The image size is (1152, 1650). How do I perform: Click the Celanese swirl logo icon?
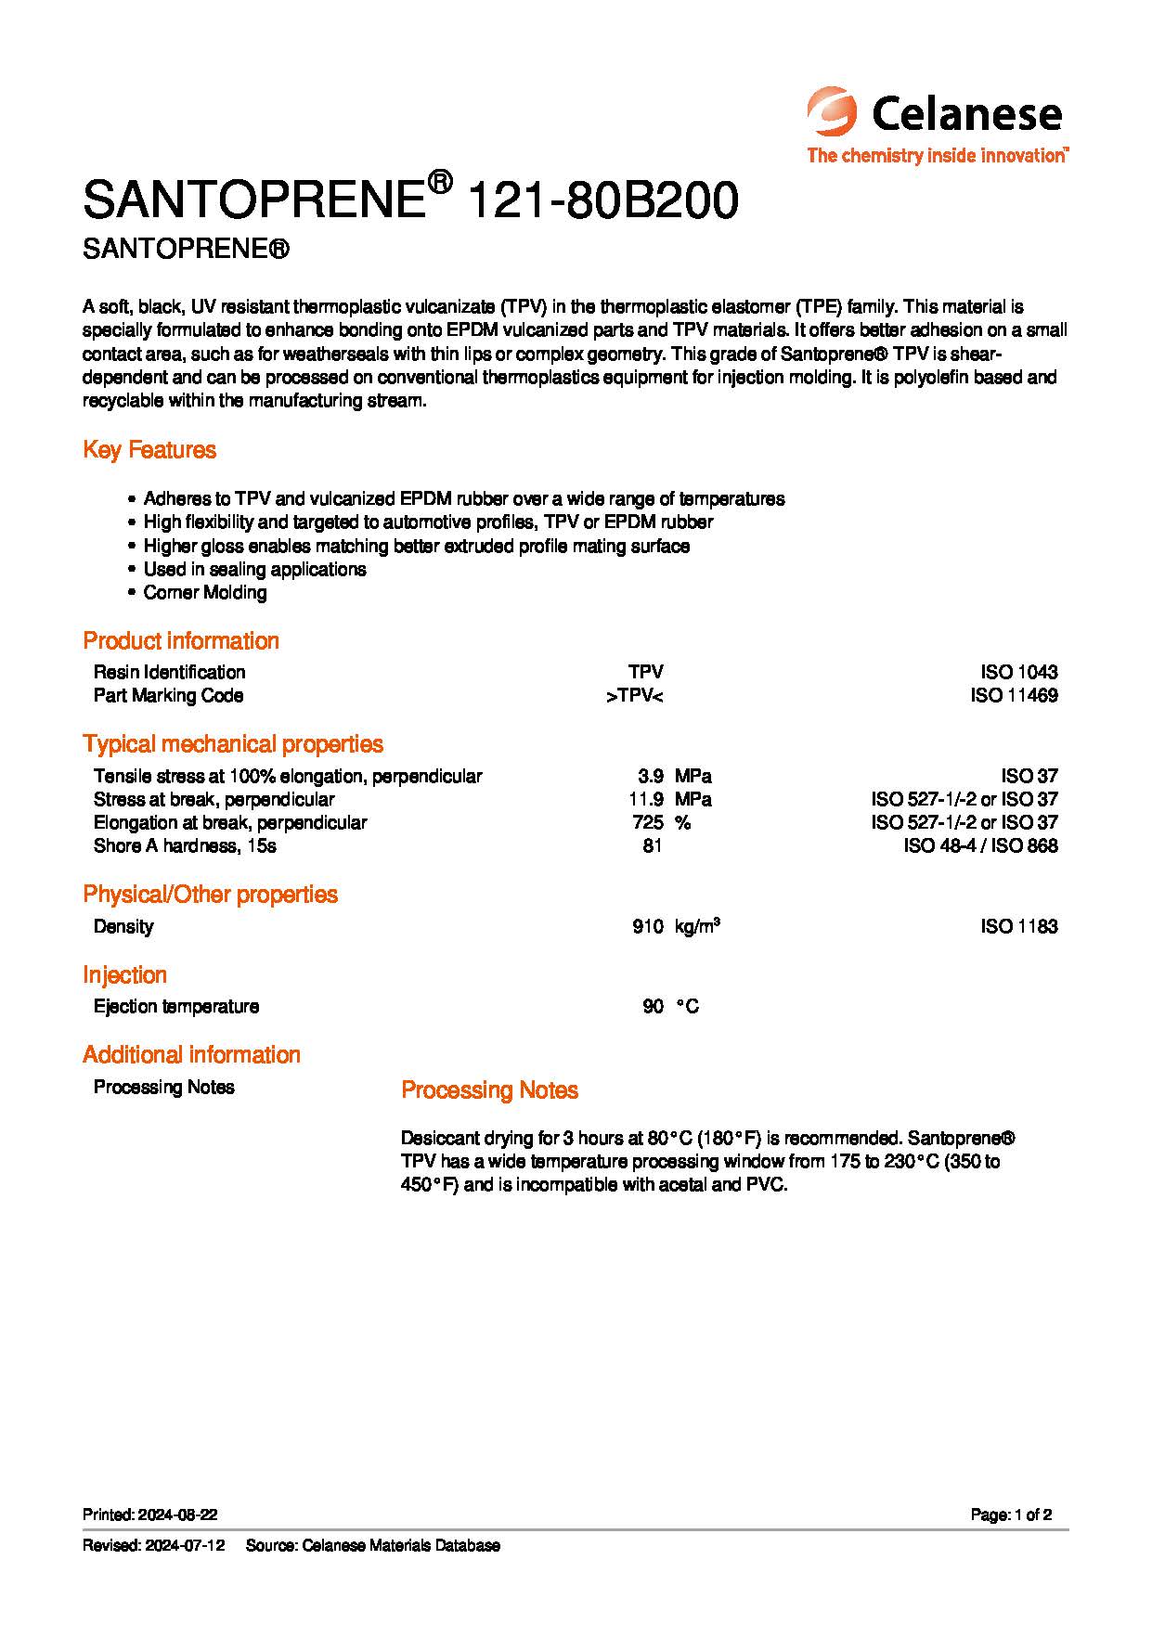click(x=833, y=112)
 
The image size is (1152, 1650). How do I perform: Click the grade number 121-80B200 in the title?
click(x=604, y=200)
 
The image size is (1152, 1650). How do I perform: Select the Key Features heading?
click(x=149, y=450)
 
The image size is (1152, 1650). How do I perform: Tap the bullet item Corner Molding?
click(x=205, y=593)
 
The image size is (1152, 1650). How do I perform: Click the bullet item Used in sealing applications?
click(x=254, y=570)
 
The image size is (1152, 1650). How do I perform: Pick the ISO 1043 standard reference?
click(x=1018, y=672)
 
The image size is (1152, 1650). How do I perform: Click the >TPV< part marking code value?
click(x=634, y=696)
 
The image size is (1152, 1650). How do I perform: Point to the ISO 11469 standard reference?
click(x=1014, y=696)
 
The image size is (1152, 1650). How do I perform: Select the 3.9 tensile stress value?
click(x=650, y=776)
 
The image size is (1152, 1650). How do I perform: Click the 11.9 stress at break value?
click(x=646, y=799)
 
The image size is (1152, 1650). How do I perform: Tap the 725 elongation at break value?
click(x=647, y=822)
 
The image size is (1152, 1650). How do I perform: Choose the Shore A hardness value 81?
click(x=652, y=845)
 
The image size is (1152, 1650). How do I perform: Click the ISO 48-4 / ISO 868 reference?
click(x=980, y=845)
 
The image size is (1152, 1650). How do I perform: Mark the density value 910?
click(x=647, y=926)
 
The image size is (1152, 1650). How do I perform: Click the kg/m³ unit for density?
click(x=698, y=926)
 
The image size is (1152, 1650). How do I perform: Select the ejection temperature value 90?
click(x=653, y=1007)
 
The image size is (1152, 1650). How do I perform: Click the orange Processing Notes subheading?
click(x=489, y=1090)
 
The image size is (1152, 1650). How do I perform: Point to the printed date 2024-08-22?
click(x=177, y=1515)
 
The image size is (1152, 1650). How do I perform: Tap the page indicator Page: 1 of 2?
click(x=1011, y=1515)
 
